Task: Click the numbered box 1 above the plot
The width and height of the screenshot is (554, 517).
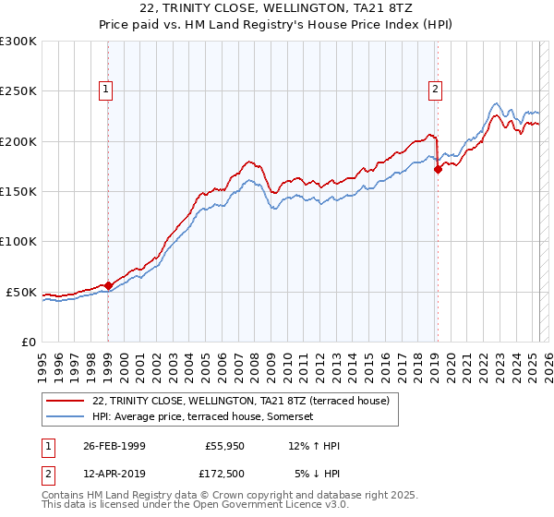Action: click(x=107, y=90)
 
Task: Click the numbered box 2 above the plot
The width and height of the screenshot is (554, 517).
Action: click(x=435, y=90)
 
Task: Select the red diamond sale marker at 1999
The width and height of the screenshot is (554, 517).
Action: click(x=108, y=285)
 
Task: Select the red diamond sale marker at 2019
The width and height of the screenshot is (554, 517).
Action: click(x=438, y=169)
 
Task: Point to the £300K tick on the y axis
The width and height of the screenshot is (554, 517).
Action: click(x=18, y=42)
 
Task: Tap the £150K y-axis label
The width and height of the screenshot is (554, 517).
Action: click(x=18, y=192)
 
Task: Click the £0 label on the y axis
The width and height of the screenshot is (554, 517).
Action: click(x=30, y=342)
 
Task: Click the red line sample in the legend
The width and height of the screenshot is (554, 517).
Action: click(x=65, y=401)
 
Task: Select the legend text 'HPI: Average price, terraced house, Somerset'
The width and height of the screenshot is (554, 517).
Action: click(x=204, y=416)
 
